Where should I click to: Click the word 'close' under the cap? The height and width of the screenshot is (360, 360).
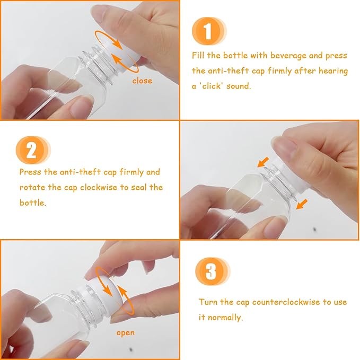click(x=142, y=81)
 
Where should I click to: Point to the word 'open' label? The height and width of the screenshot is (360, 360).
click(x=125, y=333)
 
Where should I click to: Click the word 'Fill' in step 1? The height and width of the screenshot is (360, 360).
click(x=198, y=55)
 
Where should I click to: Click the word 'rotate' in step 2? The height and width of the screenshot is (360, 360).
click(x=32, y=188)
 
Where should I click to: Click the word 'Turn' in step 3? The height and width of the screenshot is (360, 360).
click(x=208, y=302)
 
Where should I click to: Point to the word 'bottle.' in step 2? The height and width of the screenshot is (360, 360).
click(x=33, y=203)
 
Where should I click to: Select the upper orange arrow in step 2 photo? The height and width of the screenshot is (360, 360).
click(x=263, y=162)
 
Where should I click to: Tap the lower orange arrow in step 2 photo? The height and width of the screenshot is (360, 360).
click(x=302, y=204)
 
